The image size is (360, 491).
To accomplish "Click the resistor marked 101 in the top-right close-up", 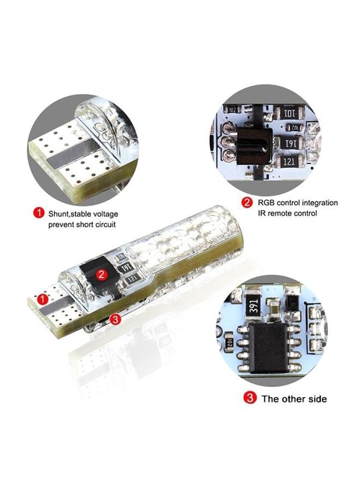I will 290,115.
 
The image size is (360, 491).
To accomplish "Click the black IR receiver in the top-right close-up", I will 253,143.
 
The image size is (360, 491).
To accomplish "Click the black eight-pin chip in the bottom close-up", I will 272,343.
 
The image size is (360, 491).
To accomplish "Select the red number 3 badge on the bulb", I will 115,319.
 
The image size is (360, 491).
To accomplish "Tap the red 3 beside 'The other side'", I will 250,398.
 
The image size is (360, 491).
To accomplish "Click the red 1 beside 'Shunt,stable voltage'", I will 38,213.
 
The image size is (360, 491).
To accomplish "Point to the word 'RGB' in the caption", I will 267,203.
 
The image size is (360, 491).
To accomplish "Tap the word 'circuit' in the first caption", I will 104,224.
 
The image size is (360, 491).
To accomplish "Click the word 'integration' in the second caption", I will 319,203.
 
